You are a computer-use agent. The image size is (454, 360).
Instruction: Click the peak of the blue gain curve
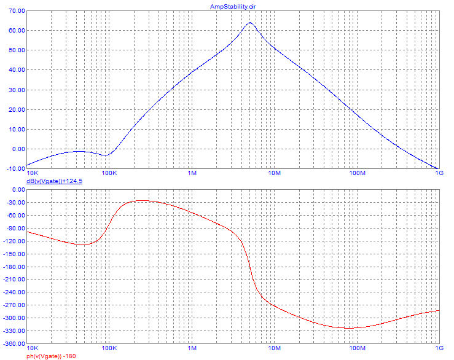(x=250, y=23)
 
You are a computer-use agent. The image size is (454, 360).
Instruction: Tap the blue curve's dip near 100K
(x=106, y=155)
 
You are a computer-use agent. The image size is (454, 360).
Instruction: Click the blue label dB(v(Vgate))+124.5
(x=54, y=182)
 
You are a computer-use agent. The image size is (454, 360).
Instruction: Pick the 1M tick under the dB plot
(x=192, y=173)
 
